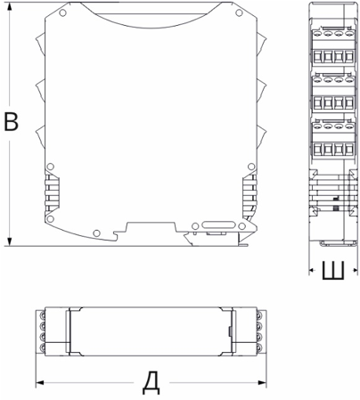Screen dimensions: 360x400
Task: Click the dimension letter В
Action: pos(12,122)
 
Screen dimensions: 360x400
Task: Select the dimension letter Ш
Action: pos(333,271)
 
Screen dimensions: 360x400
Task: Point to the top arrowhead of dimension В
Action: pos(10,7)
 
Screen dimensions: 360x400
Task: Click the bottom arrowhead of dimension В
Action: pos(10,241)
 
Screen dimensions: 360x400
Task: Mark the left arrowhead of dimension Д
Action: pos(40,382)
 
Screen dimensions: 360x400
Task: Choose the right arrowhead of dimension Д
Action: pos(262,382)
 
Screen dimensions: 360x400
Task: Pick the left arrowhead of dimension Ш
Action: pos(312,270)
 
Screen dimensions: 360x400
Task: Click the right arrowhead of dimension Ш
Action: pos(355,270)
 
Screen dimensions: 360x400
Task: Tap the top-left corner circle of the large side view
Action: pos(62,12)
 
